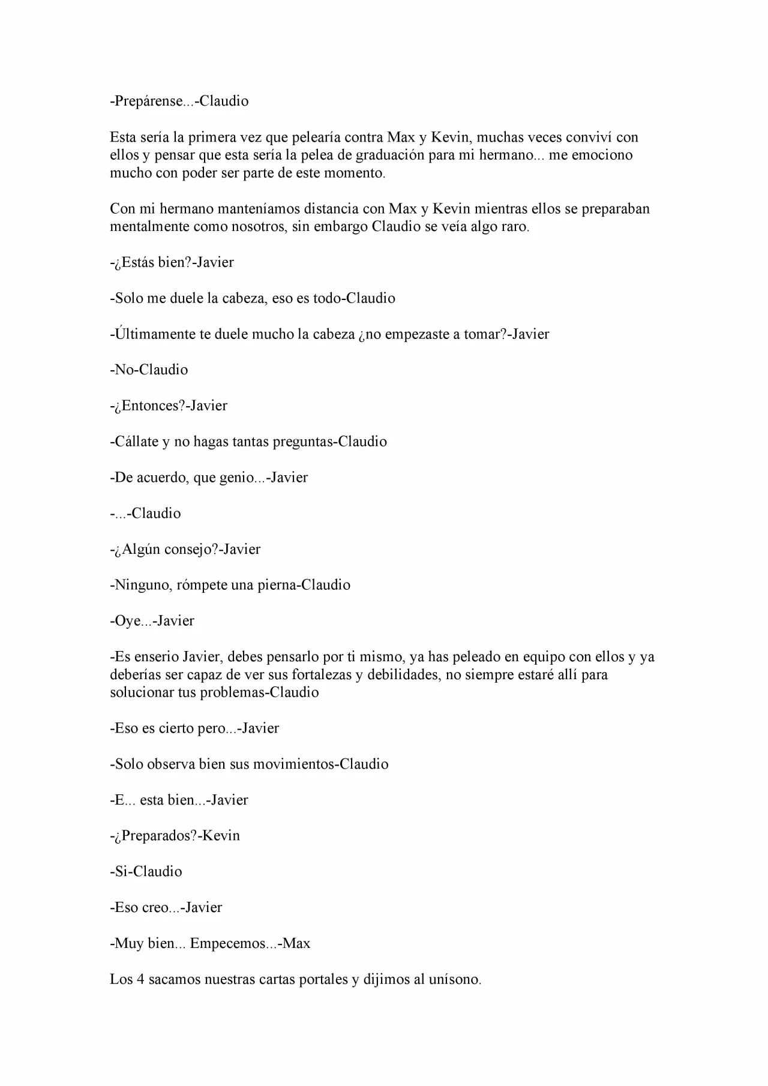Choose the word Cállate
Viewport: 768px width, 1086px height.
click(136, 442)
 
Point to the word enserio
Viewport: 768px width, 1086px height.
click(156, 657)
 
